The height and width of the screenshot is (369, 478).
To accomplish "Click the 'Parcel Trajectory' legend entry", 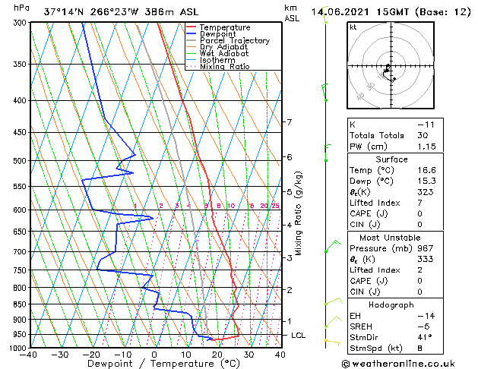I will pos(234,41).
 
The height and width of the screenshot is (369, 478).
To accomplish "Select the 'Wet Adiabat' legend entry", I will pos(226,54).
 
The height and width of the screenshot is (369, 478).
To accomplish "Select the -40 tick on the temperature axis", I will pos(30,355).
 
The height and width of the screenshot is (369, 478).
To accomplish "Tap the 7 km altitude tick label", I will pos(289,122).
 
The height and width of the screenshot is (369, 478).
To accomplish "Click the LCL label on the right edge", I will pos(299,336).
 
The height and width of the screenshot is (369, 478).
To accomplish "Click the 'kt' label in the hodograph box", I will pos(353,27).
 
